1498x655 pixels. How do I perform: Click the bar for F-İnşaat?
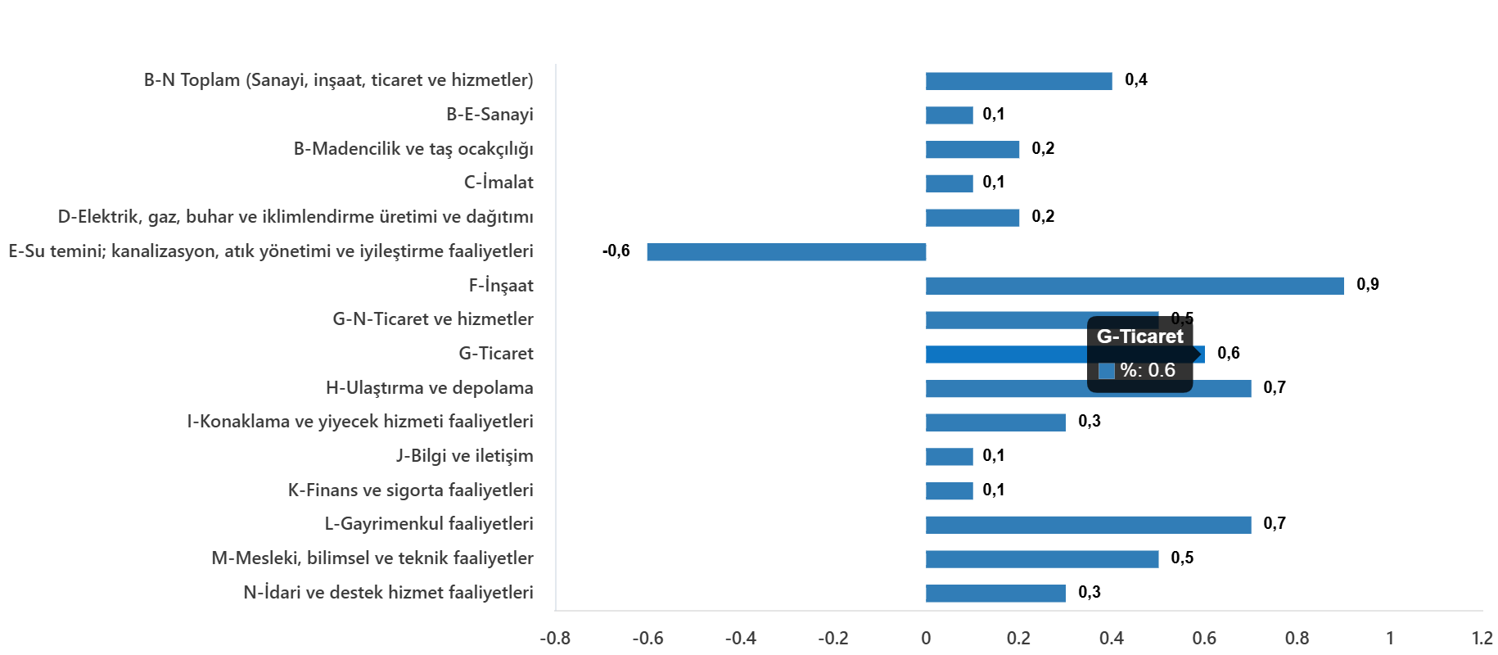tap(1134, 286)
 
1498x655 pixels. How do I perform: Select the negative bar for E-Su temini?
tap(786, 252)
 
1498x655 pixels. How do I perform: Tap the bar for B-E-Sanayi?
tap(949, 115)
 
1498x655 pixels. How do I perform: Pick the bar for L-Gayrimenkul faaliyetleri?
tap(1088, 525)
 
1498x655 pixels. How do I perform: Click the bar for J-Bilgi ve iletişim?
tap(949, 457)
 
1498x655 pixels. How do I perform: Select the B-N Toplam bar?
tap(1018, 81)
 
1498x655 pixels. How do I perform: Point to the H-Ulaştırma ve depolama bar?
tap(1088, 389)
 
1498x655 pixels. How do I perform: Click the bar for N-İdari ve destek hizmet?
tap(995, 594)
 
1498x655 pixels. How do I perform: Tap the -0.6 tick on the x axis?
tap(647, 638)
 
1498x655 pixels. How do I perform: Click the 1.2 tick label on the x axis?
tap(1482, 638)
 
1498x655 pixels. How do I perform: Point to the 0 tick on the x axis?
tap(926, 638)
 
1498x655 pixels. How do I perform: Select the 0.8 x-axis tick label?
tap(1297, 638)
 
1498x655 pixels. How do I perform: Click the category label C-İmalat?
tap(498, 183)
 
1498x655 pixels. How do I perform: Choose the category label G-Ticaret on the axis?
tap(495, 354)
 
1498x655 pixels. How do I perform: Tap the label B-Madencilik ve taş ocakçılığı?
tap(413, 149)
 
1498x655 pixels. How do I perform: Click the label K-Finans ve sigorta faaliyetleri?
tap(410, 490)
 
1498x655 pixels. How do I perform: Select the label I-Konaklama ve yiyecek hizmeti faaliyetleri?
tap(360, 422)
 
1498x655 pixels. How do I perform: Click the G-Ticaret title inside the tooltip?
tap(1139, 337)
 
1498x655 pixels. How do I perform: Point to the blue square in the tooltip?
tap(1107, 371)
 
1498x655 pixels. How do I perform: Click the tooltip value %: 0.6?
tap(1148, 371)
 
